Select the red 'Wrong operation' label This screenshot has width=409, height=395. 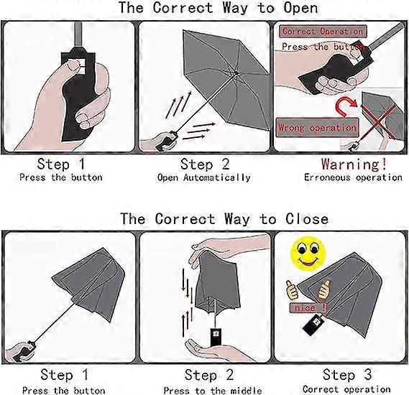pyautogui.click(x=317, y=128)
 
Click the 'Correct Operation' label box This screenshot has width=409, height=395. pyautogui.click(x=323, y=32)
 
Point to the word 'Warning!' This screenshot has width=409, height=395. pyautogui.click(x=354, y=164)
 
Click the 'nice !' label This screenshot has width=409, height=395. pyautogui.click(x=308, y=307)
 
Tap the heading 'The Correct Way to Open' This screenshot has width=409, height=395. pyautogui.click(x=218, y=7)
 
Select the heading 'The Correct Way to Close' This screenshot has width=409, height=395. pyautogui.click(x=224, y=218)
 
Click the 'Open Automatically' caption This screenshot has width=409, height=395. pyautogui.click(x=203, y=177)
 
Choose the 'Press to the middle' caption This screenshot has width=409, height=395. pyautogui.click(x=213, y=390)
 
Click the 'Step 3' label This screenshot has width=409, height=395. pyautogui.click(x=347, y=374)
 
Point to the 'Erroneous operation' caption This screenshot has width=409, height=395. pyautogui.click(x=353, y=177)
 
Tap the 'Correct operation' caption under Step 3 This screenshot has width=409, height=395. pyautogui.click(x=346, y=389)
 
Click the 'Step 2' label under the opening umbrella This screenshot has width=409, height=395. pyautogui.click(x=205, y=164)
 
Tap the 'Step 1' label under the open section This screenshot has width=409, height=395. pyautogui.click(x=61, y=164)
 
